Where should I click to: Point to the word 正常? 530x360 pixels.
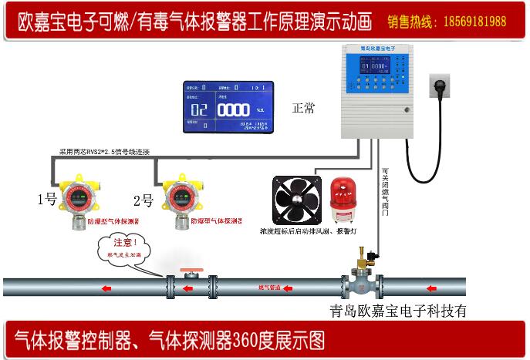303,109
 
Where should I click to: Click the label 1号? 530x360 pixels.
47,200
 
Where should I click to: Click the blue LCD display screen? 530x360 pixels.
228,107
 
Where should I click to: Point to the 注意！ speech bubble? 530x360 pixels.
123,248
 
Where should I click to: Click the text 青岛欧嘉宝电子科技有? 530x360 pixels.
398,312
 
